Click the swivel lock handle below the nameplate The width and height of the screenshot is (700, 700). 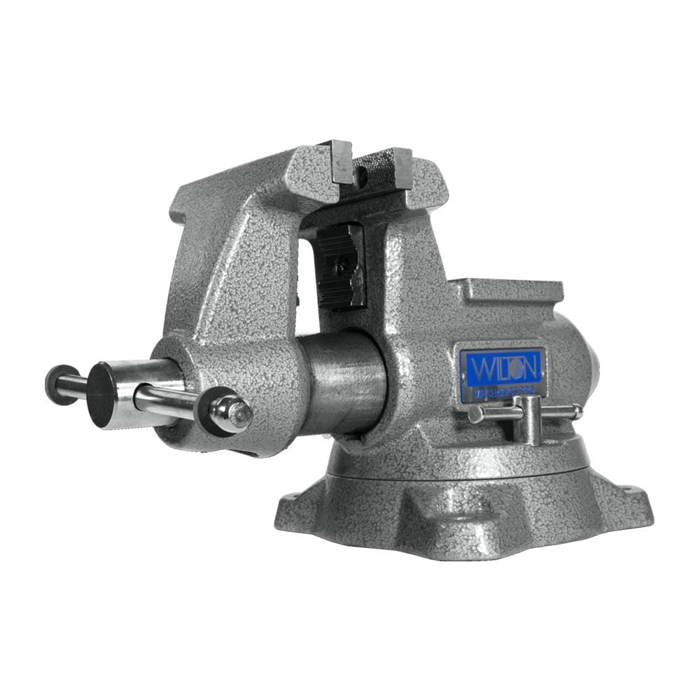coord(526,420)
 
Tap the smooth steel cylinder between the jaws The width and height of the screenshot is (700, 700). coord(343,381)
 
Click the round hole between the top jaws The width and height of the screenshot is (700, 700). coord(360,179)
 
